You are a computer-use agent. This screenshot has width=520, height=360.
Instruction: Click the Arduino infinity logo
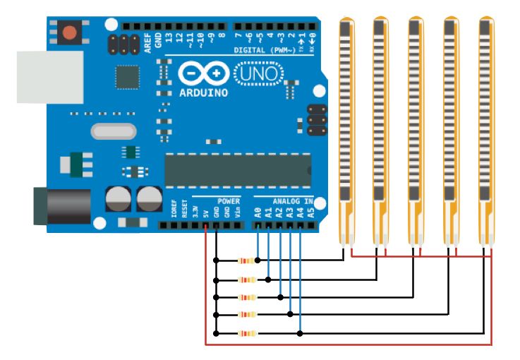pos(203,73)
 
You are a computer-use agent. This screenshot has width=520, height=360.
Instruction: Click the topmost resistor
pos(246,260)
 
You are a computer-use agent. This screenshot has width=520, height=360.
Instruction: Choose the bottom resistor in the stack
pos(246,332)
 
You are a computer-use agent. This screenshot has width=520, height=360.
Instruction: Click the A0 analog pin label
pos(258,210)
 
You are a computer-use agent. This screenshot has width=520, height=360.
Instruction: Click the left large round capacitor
pos(116,199)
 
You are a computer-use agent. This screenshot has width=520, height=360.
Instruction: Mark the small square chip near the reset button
pos(128,77)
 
